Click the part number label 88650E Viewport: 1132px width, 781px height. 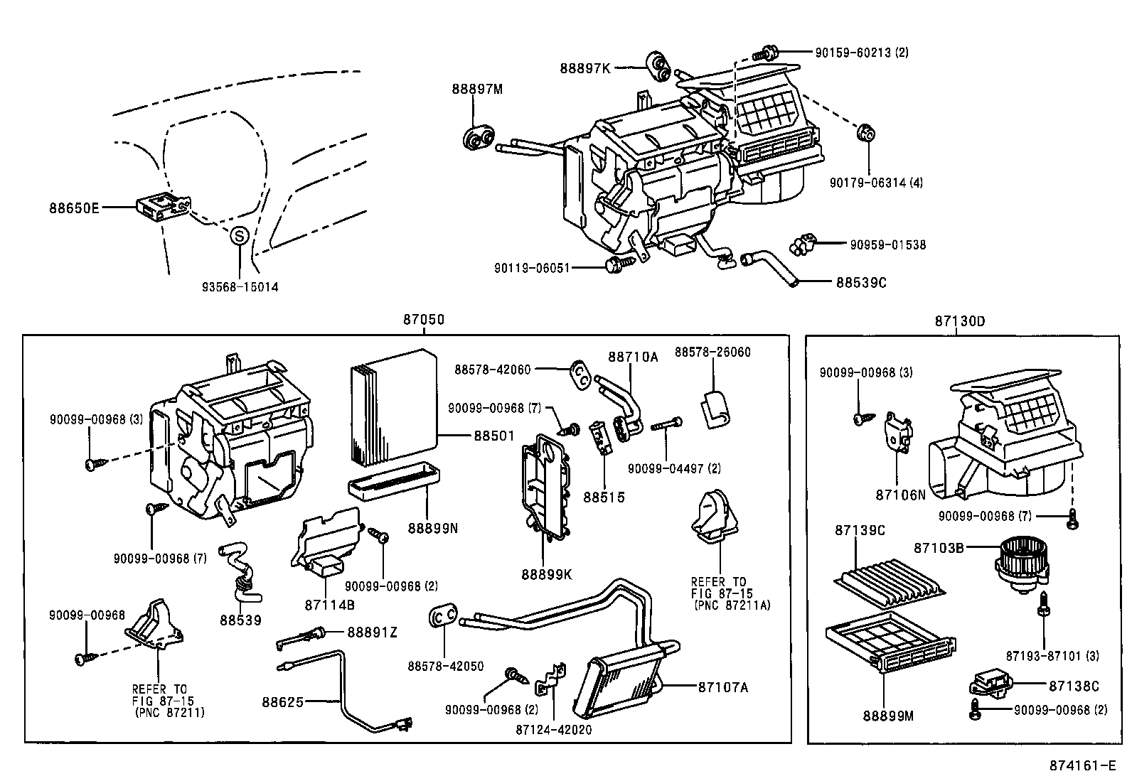(74, 208)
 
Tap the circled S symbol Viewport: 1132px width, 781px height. (239, 235)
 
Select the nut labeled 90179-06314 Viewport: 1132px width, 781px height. (865, 133)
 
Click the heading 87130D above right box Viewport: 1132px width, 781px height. (959, 321)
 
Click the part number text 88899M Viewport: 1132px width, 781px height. (887, 716)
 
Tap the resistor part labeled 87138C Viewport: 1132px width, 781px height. (990, 685)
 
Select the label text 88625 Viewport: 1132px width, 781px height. (282, 701)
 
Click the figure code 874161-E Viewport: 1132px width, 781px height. (1080, 765)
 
